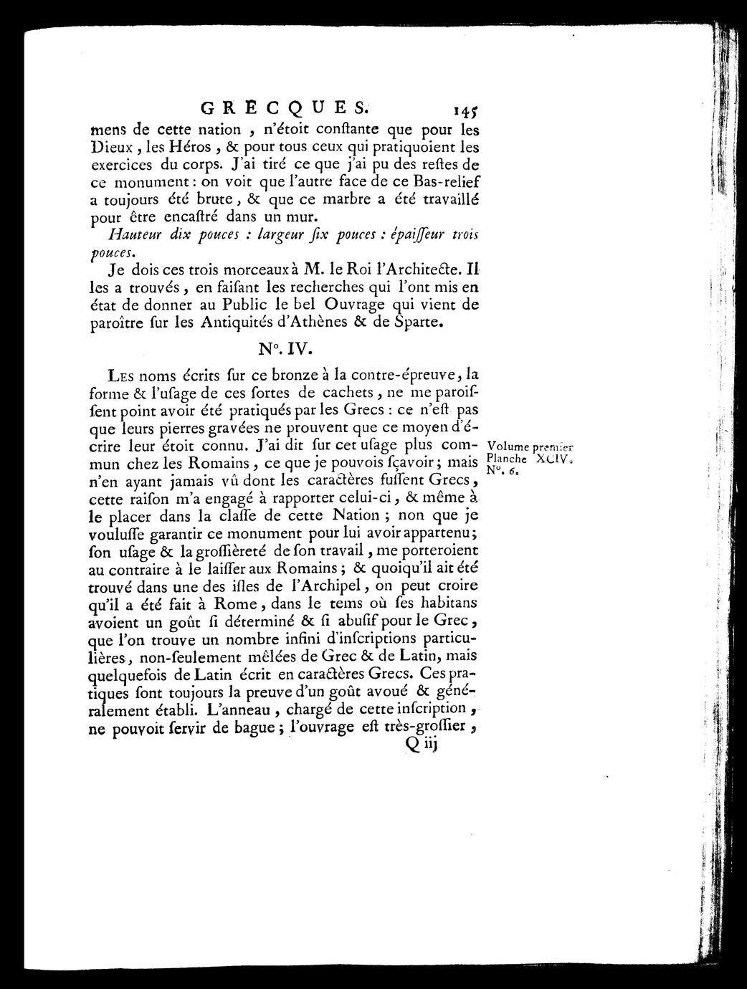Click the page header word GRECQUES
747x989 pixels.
tap(282, 109)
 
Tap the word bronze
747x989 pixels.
tap(286, 374)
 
